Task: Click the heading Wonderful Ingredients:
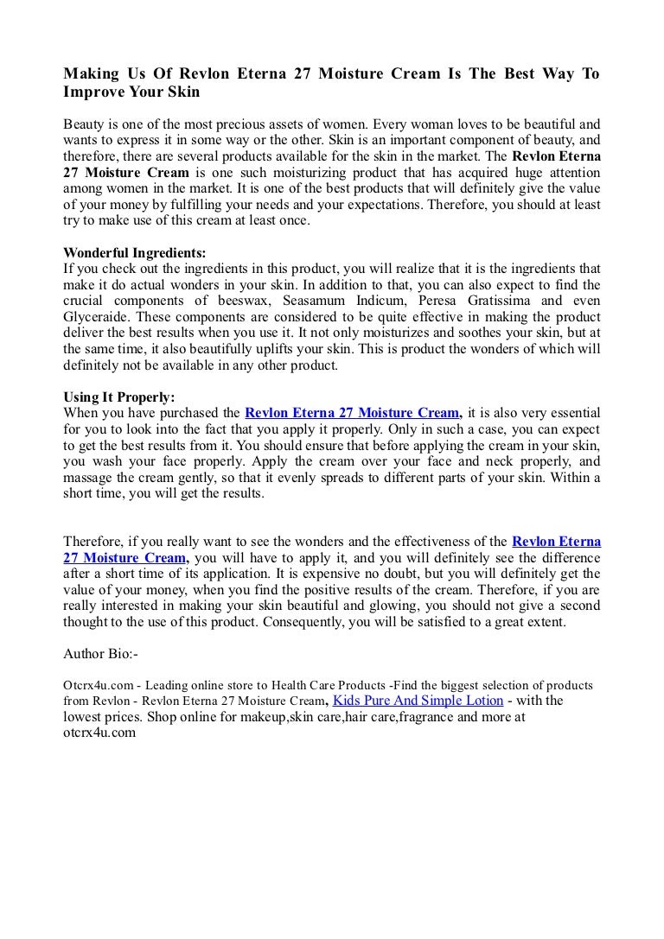135,253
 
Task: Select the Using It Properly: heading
119,397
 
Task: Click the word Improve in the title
93,92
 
